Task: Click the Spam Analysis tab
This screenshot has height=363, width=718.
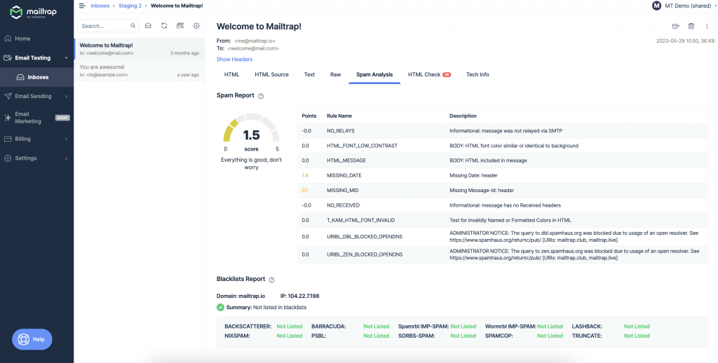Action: [x=374, y=74]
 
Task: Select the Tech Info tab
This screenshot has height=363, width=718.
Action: [x=477, y=74]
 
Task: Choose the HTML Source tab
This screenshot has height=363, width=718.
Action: [x=271, y=74]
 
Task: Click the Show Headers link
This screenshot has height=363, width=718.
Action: [x=234, y=60]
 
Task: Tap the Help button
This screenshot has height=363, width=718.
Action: [x=32, y=339]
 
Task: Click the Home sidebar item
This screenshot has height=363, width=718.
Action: [x=22, y=39]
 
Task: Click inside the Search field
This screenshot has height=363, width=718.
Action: [x=104, y=26]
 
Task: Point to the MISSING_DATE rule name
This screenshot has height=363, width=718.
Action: [x=344, y=175]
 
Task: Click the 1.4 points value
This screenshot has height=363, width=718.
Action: [x=305, y=175]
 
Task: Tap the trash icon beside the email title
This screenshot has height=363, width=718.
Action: [x=691, y=26]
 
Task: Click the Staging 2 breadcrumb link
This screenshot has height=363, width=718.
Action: [x=130, y=6]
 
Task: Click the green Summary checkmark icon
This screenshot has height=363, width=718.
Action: [x=221, y=308]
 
